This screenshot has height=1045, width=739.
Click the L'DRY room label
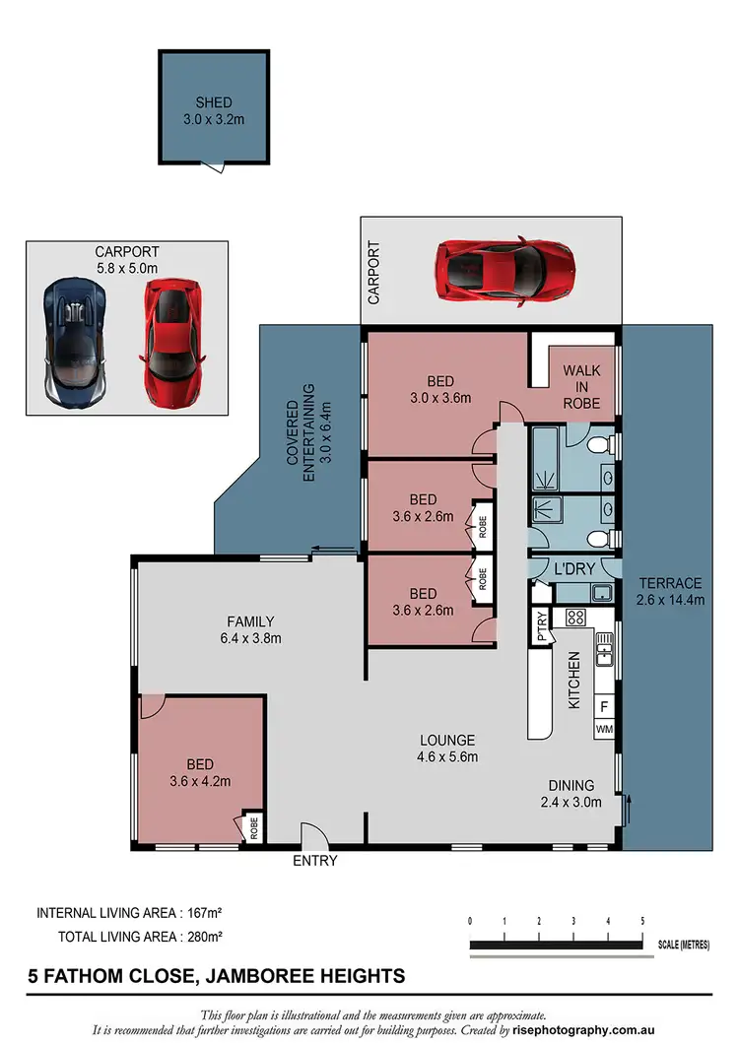pos(572,570)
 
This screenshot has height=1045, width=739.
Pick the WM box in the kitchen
pos(603,729)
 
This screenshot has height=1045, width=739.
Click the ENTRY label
pos(314,860)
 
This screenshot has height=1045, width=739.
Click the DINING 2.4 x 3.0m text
pos(571,794)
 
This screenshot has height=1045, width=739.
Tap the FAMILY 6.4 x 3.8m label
pos(250,629)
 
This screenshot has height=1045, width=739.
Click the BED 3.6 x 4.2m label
pos(199,772)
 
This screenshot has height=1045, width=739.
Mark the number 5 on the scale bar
pos(642,920)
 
